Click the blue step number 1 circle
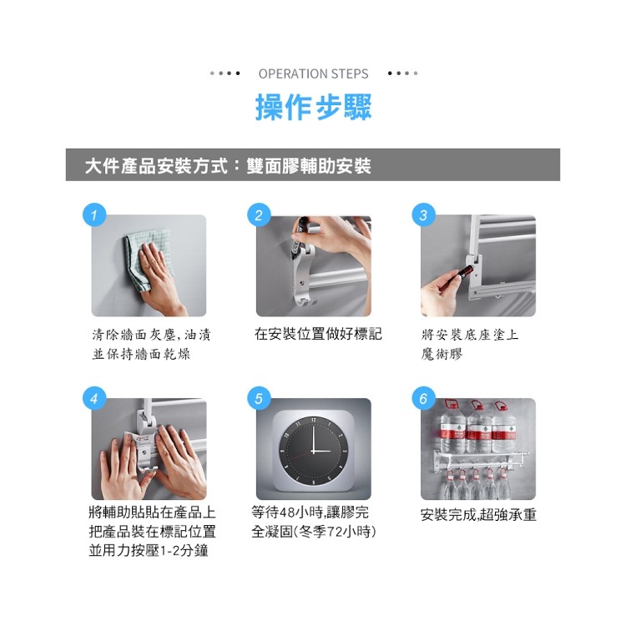point(94,215)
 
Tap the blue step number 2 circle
point(259,215)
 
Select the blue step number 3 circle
point(423,215)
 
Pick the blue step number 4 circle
point(94,398)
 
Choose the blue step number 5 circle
point(259,398)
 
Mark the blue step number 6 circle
point(423,398)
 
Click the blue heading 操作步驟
point(313,107)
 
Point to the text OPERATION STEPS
point(313,73)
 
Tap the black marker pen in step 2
point(299,236)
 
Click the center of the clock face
point(313,451)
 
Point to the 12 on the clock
point(313,420)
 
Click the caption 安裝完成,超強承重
point(478,515)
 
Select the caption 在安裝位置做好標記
point(318,334)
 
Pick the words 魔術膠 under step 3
point(442,354)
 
